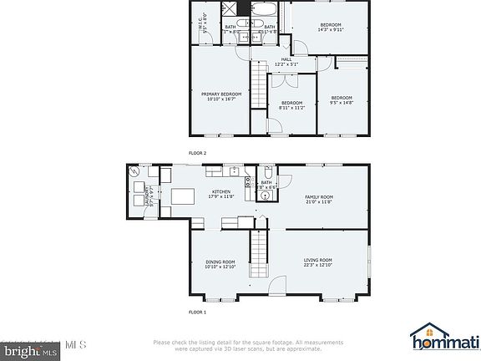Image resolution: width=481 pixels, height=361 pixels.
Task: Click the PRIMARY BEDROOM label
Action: [221, 96]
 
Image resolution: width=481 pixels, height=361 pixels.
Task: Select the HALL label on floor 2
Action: [286, 61]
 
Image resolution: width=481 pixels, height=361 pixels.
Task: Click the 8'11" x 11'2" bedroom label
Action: [291, 104]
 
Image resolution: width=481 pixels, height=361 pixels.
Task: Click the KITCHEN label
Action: [221, 194]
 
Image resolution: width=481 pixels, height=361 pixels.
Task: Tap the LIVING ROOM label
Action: [318, 262]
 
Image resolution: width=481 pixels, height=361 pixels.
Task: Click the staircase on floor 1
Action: [260, 256]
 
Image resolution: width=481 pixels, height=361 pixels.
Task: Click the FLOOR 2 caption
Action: [196, 153]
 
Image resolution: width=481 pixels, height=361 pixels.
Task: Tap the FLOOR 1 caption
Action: [196, 312]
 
